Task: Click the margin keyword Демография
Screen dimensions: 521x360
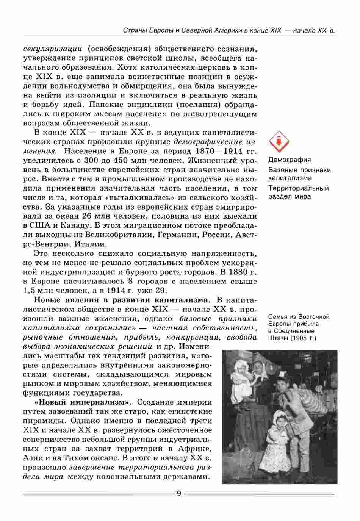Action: click(290, 160)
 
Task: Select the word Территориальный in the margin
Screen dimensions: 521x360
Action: click(299, 188)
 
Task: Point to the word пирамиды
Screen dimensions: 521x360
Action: click(42, 421)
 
